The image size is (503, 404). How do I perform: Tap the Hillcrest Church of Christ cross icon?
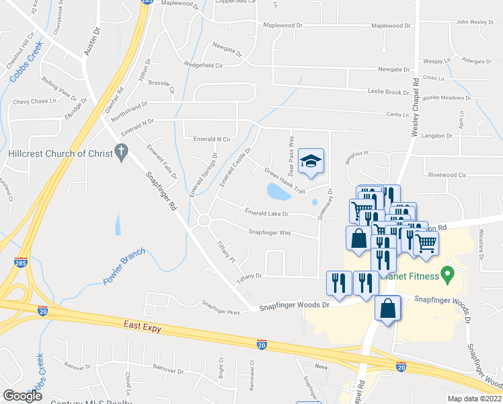tap(122, 153)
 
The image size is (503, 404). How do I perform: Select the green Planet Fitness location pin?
tap(445, 274)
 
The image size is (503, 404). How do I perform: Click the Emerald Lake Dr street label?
tap(266, 213)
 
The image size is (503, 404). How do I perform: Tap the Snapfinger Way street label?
tap(269, 232)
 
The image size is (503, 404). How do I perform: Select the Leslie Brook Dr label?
tap(388, 92)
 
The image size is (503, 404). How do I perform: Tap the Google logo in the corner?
tap(23, 396)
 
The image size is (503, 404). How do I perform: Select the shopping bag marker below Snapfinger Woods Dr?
tap(388, 310)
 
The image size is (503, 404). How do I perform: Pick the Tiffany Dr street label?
tap(249, 276)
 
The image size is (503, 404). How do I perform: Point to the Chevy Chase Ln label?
tap(34, 101)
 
